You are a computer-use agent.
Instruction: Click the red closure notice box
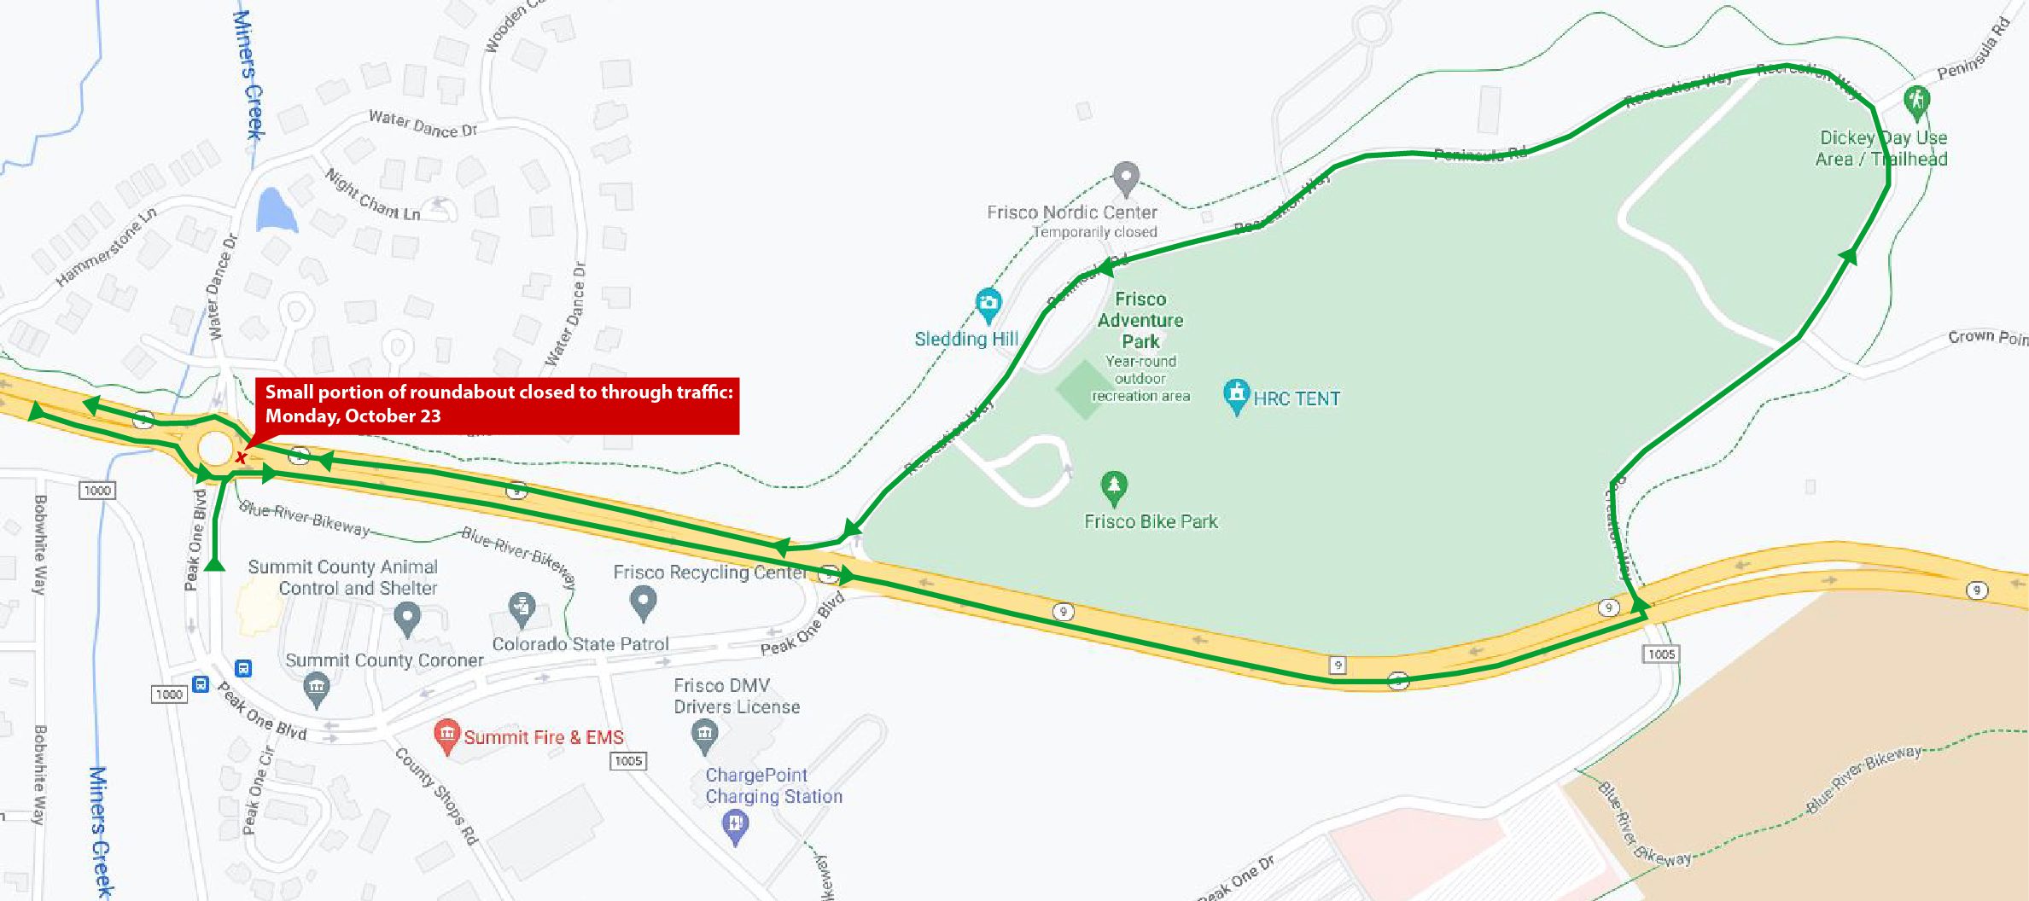(x=497, y=405)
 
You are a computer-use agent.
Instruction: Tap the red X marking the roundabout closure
(x=242, y=458)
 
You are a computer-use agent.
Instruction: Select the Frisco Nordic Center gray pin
(x=1126, y=177)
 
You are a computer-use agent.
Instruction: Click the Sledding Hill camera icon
(x=988, y=303)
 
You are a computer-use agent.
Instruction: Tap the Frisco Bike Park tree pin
(x=1113, y=487)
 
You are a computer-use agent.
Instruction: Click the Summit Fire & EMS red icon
(x=446, y=735)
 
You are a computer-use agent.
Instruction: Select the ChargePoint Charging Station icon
(x=735, y=824)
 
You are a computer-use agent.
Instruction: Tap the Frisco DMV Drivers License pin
(x=704, y=735)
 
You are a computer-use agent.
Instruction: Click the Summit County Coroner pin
(x=317, y=688)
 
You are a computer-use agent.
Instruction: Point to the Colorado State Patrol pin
(x=522, y=609)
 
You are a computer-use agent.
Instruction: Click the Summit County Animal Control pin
(x=407, y=616)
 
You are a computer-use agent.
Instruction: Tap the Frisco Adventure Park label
(x=1140, y=321)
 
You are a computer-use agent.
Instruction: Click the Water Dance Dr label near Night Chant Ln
(x=422, y=124)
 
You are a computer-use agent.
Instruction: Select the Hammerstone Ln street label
(x=106, y=247)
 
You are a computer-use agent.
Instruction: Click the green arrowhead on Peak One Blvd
(x=214, y=563)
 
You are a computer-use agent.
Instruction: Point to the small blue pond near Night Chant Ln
(x=275, y=210)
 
